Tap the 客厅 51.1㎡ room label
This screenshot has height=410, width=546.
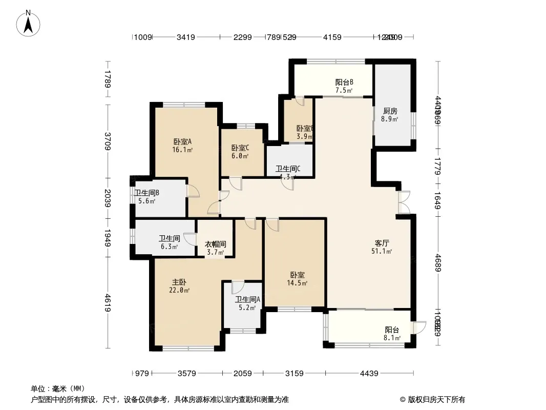point(382,247)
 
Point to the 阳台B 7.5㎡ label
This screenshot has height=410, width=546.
point(344,86)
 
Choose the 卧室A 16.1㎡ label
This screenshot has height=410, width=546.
point(182,146)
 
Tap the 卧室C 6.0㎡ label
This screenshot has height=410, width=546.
point(239,151)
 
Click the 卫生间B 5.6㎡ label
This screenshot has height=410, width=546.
point(147,197)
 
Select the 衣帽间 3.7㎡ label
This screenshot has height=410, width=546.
point(216,249)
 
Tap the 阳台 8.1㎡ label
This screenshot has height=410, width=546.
point(392,334)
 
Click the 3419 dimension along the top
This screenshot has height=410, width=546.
point(186,37)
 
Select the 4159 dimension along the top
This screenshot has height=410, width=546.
point(332,37)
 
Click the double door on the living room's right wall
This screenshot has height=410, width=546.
point(404,202)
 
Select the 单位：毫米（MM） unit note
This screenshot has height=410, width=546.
point(58,388)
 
